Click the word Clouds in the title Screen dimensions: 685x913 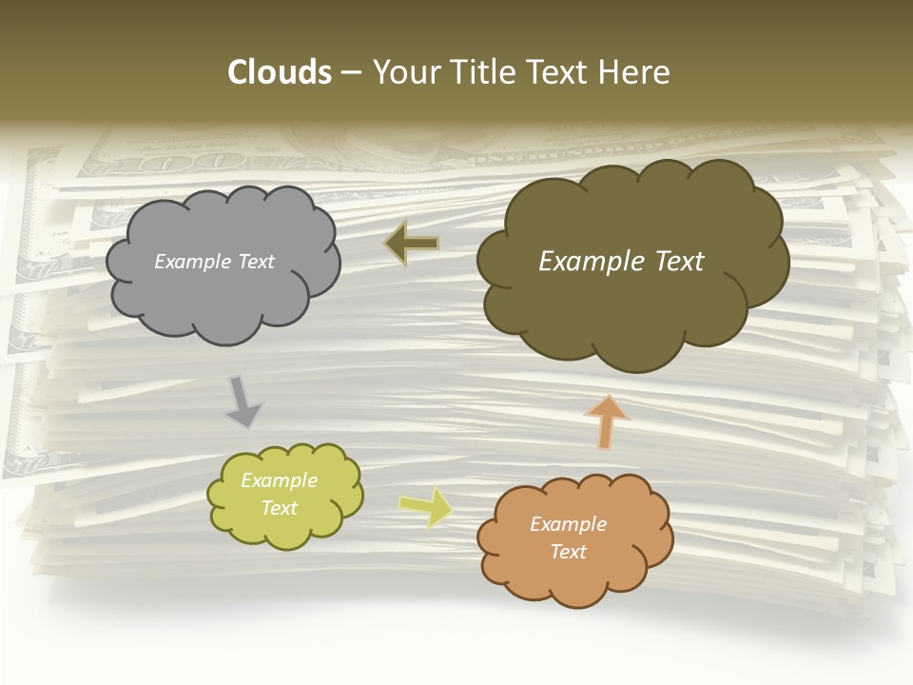click(x=280, y=72)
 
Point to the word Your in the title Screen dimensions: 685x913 click(x=406, y=72)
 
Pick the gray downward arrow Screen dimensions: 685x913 click(x=244, y=401)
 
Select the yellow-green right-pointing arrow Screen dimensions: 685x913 click(x=425, y=506)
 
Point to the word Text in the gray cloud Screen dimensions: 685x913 click(x=257, y=262)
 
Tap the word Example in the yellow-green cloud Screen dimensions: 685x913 click(x=279, y=480)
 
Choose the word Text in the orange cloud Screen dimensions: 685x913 click(x=568, y=552)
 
